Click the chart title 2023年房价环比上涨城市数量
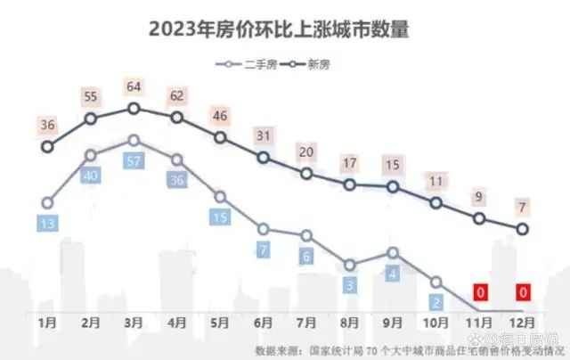(x=284, y=29)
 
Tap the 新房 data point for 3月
(x=134, y=108)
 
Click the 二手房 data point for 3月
(x=134, y=140)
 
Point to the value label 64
(x=134, y=86)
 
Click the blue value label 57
(x=134, y=161)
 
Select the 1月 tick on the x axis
(x=47, y=317)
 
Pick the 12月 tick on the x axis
(x=523, y=317)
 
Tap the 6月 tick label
(x=264, y=317)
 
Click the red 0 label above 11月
(x=480, y=291)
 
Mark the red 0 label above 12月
(x=523, y=291)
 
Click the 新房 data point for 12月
(x=523, y=229)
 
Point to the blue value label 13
(x=47, y=223)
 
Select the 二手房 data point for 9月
(x=393, y=252)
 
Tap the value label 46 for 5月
(x=220, y=116)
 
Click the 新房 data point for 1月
(x=47, y=147)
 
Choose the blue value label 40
(x=90, y=176)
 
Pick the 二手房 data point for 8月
(x=350, y=264)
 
